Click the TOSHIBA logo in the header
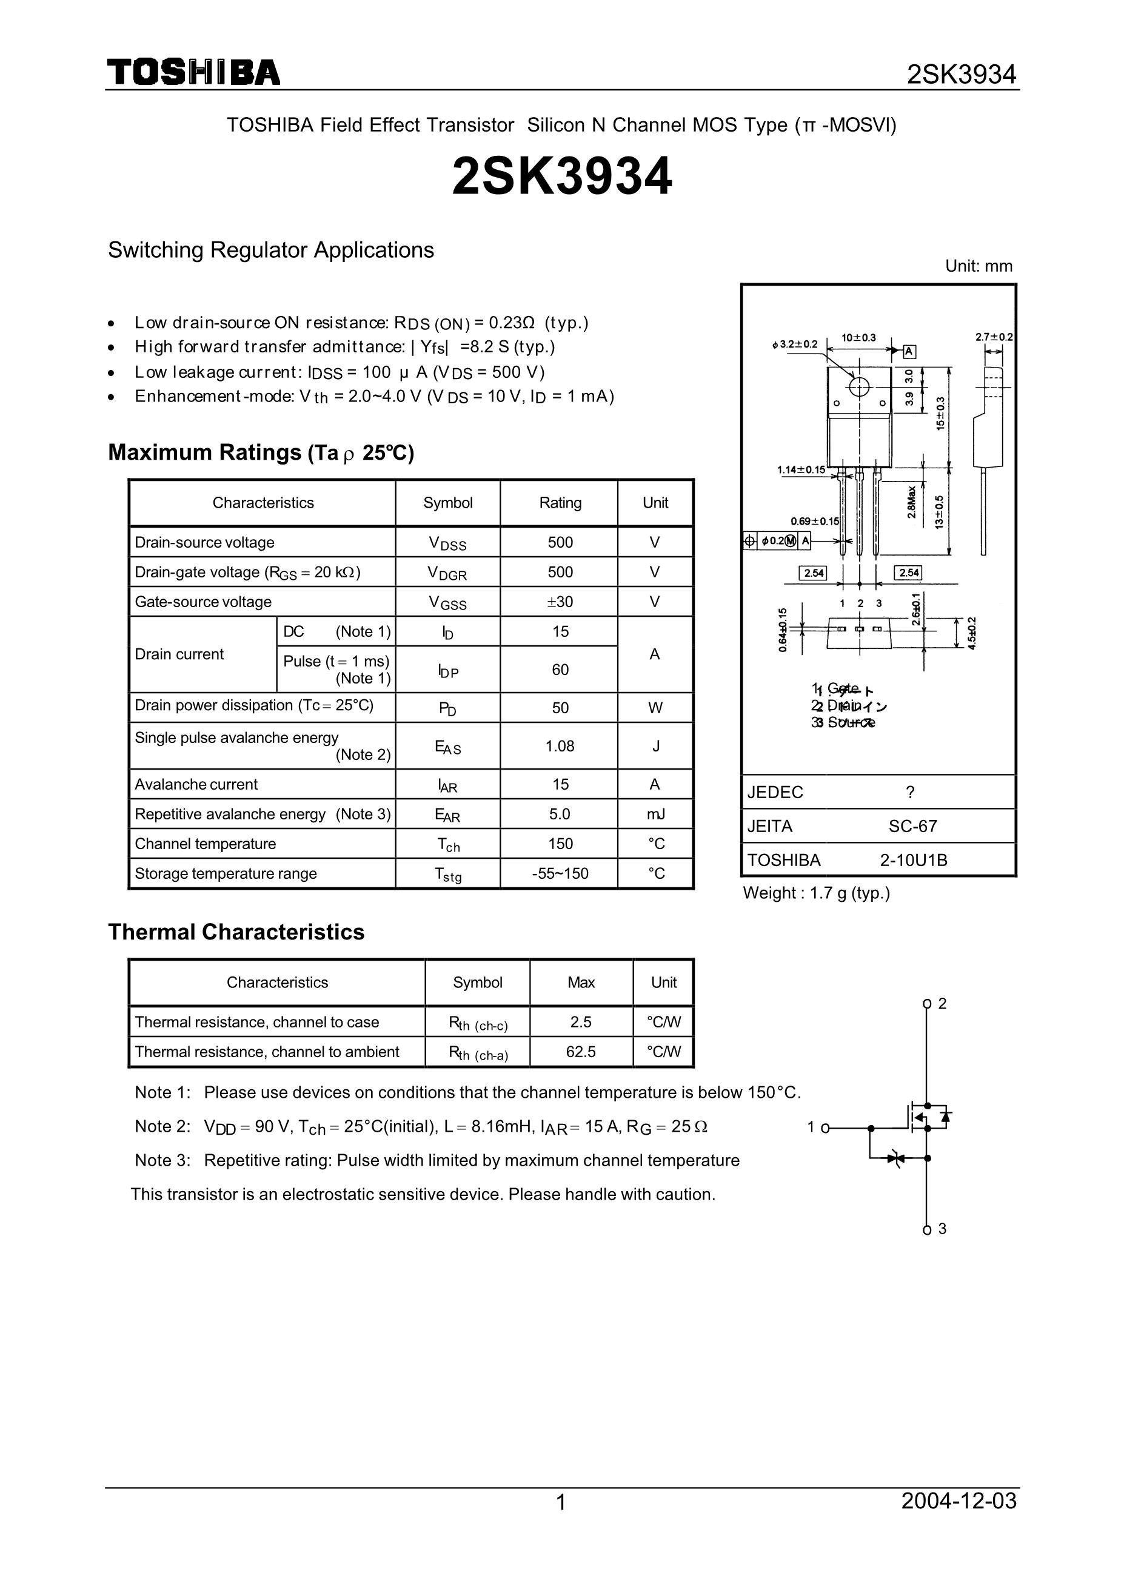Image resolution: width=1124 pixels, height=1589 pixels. [x=193, y=73]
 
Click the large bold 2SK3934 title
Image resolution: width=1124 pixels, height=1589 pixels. [x=561, y=176]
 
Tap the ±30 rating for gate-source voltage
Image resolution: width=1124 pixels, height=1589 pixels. [x=560, y=602]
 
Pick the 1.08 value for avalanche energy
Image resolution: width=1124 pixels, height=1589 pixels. [x=560, y=746]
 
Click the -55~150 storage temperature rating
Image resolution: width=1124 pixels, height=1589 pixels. [x=560, y=873]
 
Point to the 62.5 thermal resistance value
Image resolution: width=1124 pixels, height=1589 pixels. [x=581, y=1052]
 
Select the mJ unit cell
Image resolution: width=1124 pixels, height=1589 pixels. [x=655, y=815]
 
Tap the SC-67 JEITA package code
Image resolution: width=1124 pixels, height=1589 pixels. [x=913, y=826]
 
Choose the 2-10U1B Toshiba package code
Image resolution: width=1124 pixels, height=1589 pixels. [x=914, y=860]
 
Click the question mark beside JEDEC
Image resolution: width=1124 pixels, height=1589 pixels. [x=910, y=792]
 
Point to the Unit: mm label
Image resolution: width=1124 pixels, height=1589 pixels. [x=978, y=266]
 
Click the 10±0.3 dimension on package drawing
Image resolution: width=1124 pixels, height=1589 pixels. [x=858, y=338]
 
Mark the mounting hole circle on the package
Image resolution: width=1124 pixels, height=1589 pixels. [x=859, y=386]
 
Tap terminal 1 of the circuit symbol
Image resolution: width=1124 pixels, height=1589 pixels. [x=824, y=1128]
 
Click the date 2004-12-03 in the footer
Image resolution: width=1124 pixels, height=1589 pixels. [x=958, y=1520]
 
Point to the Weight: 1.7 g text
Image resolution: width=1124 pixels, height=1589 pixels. [x=816, y=893]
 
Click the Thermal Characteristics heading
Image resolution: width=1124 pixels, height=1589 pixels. [x=236, y=932]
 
